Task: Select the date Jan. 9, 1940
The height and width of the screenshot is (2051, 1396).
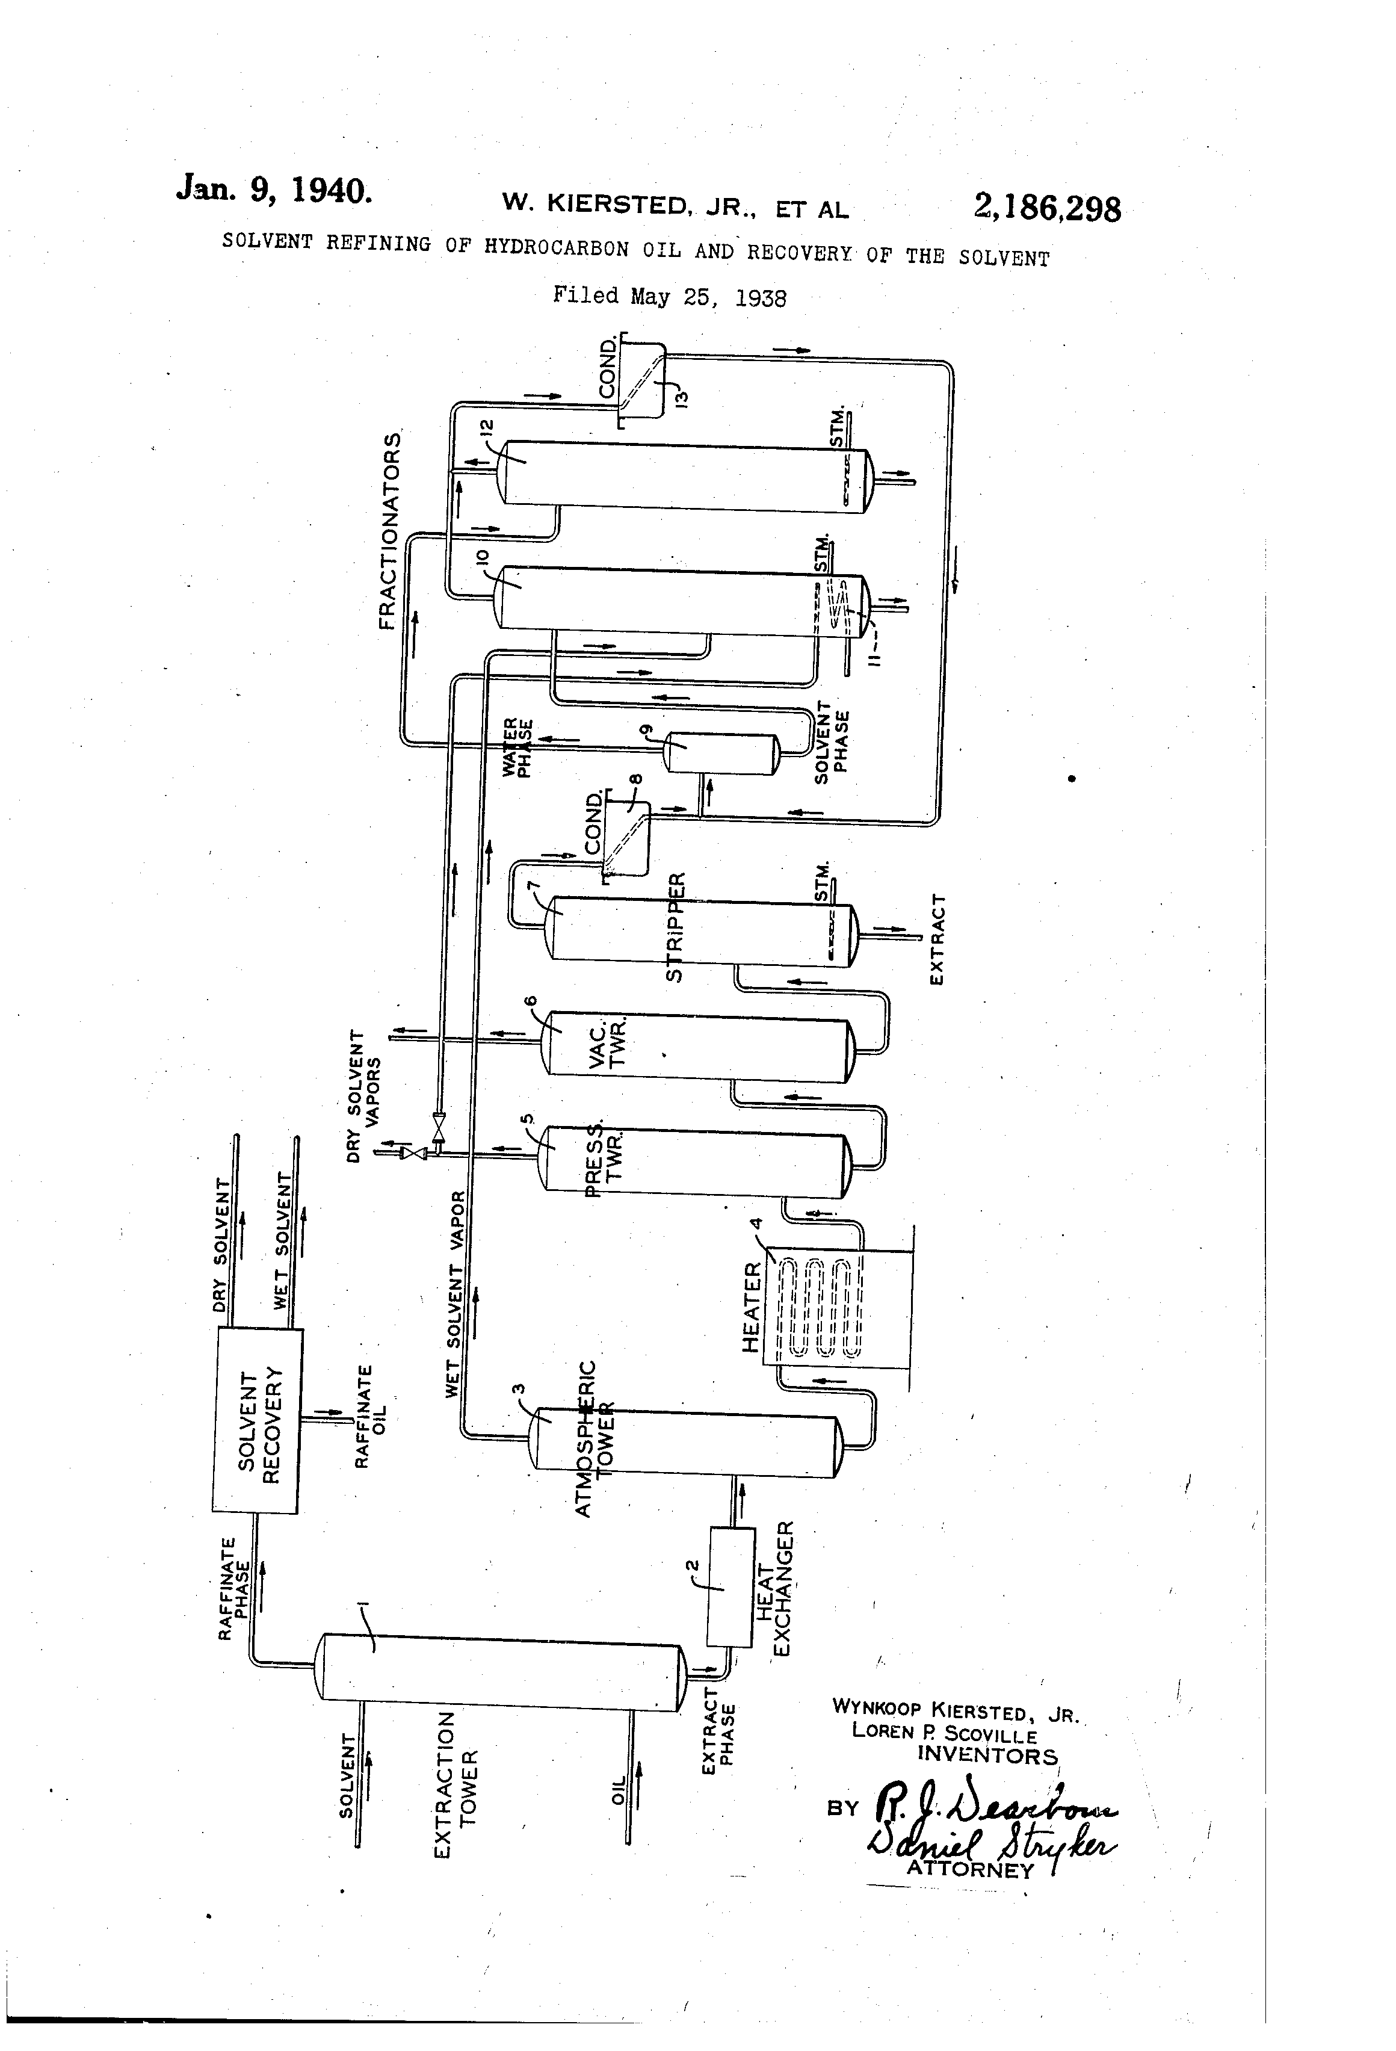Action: pyautogui.click(x=274, y=190)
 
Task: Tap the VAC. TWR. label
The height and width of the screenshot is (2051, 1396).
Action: pyautogui.click(x=607, y=1044)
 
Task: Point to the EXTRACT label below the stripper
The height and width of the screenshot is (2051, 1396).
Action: pyautogui.click(x=937, y=940)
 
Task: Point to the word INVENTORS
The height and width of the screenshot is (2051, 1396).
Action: pyautogui.click(x=987, y=1754)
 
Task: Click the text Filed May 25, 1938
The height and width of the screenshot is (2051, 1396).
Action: pyautogui.click(x=669, y=297)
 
